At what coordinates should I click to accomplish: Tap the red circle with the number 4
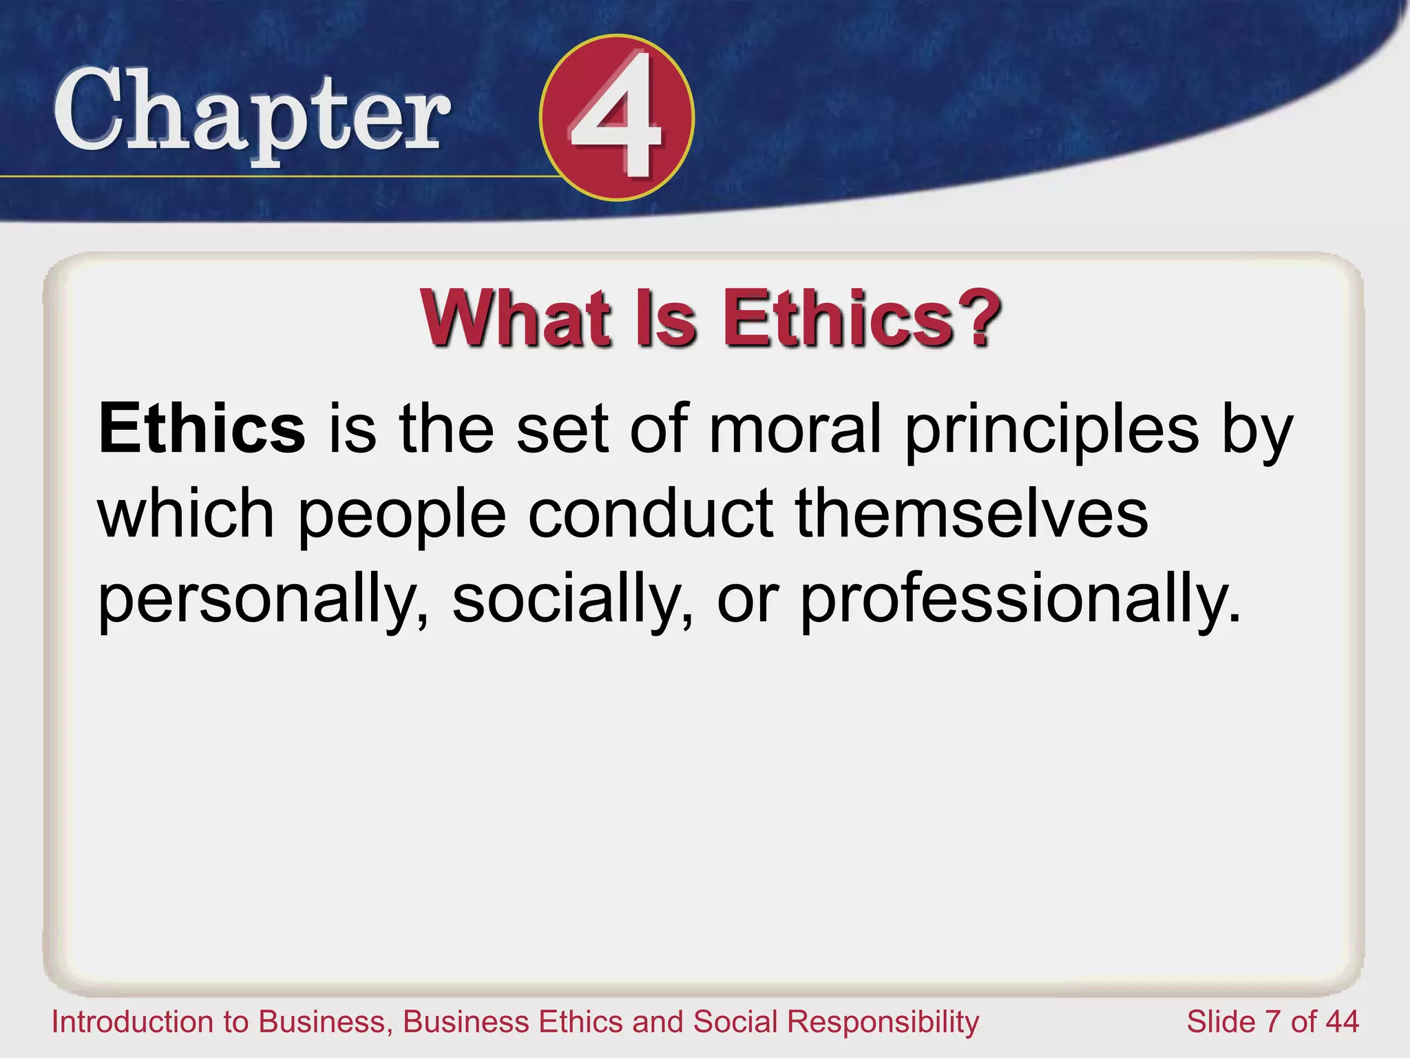[617, 118]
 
